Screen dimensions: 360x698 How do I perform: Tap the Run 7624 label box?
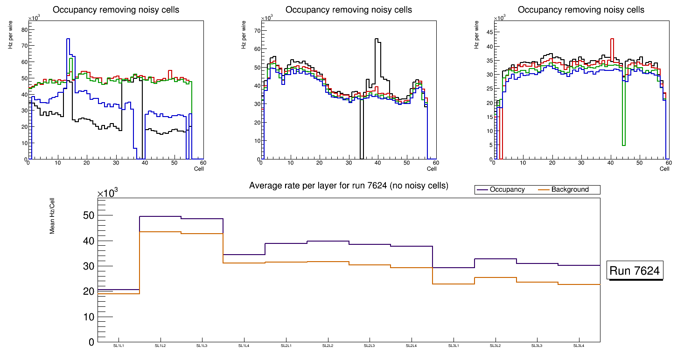click(x=636, y=271)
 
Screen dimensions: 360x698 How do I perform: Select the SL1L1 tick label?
click(x=119, y=346)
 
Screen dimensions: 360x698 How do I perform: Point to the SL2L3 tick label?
click(x=370, y=346)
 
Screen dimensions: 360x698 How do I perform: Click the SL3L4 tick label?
click(x=579, y=346)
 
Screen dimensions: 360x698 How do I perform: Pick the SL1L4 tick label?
click(x=244, y=346)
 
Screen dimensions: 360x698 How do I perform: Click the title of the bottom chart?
click(x=349, y=186)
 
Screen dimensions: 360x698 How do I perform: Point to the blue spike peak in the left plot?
click(x=68, y=39)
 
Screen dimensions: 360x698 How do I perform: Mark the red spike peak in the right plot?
click(x=612, y=39)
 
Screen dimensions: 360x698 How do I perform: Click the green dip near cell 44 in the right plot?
click(x=623, y=145)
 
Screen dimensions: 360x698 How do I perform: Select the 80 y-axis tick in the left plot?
click(x=25, y=30)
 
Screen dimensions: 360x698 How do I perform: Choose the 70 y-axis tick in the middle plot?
click(x=257, y=30)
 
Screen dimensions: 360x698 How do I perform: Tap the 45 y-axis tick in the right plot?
click(x=490, y=32)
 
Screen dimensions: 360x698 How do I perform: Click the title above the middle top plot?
click(x=349, y=10)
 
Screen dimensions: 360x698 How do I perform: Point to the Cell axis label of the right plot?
click(x=664, y=168)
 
